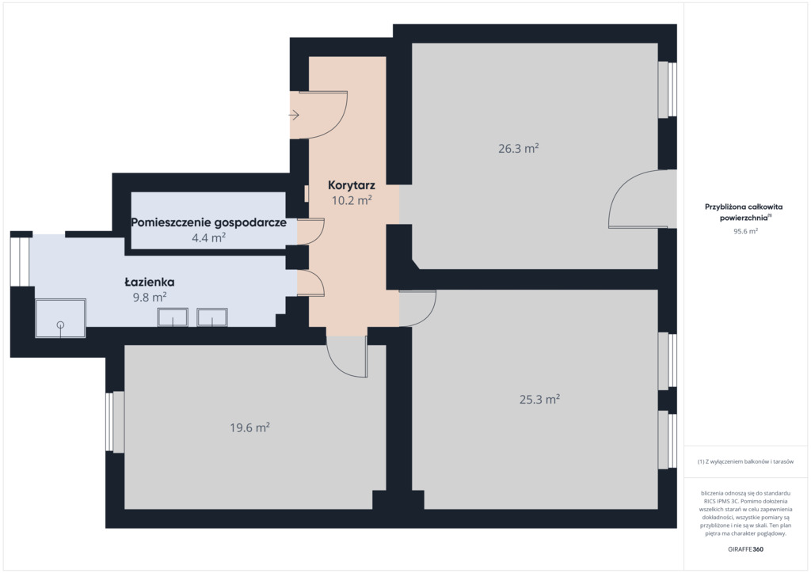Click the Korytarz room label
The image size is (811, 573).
tap(351, 185)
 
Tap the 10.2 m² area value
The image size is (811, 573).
tap(352, 200)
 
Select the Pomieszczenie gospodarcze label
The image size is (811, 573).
tap(208, 222)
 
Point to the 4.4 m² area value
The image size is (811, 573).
tap(208, 237)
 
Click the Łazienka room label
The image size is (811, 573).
tap(150, 282)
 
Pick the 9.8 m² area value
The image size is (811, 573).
tap(150, 297)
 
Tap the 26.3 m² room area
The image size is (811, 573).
tap(518, 148)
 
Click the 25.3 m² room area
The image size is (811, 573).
tap(539, 399)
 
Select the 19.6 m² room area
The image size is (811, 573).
tap(249, 427)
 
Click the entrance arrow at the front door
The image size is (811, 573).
tap(295, 115)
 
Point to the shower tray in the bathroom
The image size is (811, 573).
tap(60, 318)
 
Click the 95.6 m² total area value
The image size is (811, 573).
tap(745, 231)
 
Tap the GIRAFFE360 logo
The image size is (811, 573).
tap(745, 549)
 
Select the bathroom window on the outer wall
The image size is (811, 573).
tap(20, 261)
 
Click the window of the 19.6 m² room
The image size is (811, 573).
tap(115, 422)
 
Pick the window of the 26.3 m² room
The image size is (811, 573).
tap(667, 90)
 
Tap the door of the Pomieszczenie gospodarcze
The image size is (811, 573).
tap(310, 231)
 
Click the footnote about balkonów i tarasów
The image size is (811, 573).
tap(745, 461)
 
